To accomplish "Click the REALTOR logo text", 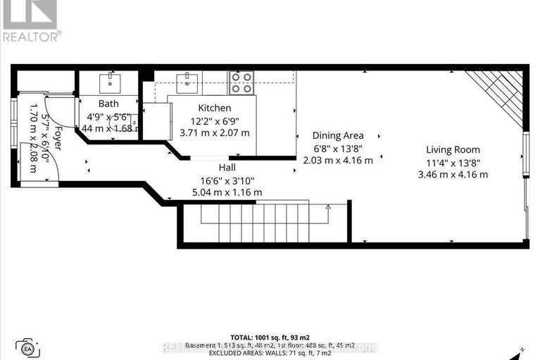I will click(31, 35).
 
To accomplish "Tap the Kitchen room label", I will click(214, 108).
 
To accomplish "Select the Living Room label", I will click(453, 149).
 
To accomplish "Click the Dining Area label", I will click(339, 135).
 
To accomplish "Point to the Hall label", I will click(227, 168).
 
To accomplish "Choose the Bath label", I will click(108, 104).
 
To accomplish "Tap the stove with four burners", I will click(241, 83).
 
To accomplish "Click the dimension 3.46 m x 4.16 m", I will click(453, 174).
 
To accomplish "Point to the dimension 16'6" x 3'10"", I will click(227, 180).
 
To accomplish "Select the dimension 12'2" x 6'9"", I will click(214, 120).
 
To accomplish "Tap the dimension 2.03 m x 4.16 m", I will click(339, 160).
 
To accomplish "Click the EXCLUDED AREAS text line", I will click(270, 356).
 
